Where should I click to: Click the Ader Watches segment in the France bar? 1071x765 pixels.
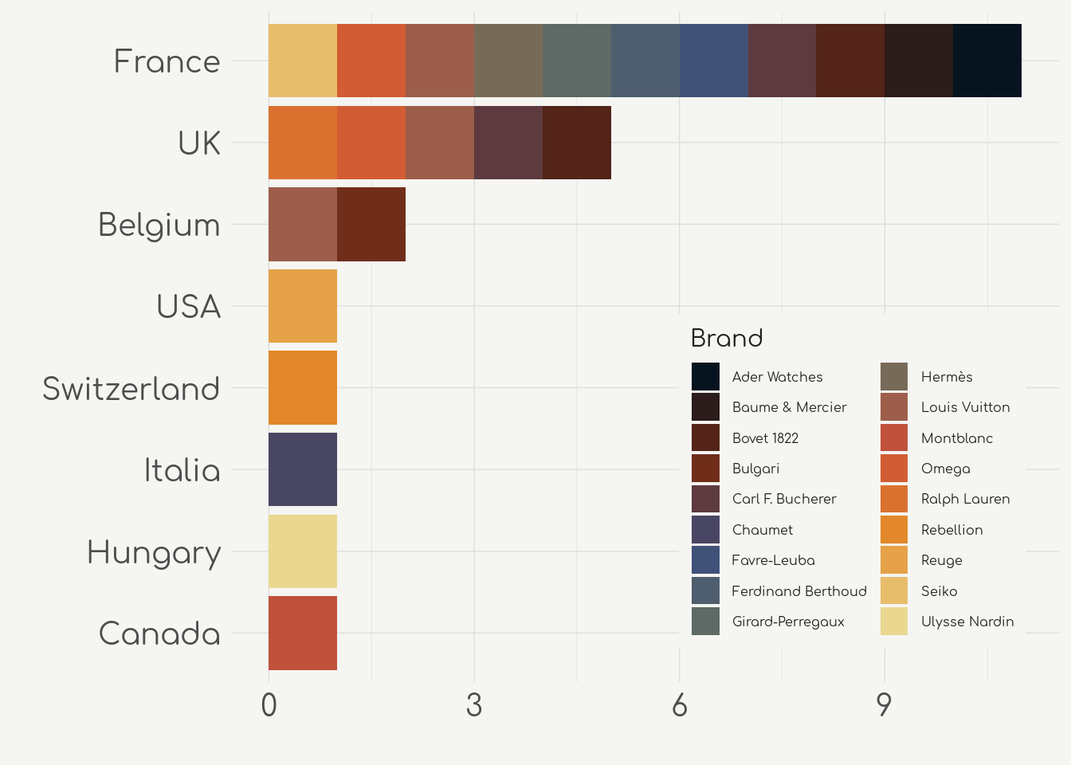coord(987,61)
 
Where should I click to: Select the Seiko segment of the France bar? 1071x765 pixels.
coord(303,61)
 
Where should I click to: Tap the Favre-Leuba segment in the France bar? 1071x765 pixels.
coord(714,61)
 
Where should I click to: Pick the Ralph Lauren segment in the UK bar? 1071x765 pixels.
coord(303,143)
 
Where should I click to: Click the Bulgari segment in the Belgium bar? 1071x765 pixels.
coord(371,224)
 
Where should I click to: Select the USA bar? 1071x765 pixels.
coord(303,306)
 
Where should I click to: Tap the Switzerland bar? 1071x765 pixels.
coord(303,387)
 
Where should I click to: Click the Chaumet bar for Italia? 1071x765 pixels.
coord(303,469)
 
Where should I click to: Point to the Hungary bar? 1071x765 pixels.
coord(303,551)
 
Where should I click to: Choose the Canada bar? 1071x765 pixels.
coord(303,633)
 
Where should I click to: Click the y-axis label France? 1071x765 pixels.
coord(167,61)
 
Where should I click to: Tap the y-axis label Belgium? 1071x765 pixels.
coord(159,225)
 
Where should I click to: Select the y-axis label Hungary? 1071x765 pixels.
coord(153,552)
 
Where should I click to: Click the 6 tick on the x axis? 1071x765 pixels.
coord(679,706)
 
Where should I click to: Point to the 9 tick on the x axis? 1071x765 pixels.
coord(885,706)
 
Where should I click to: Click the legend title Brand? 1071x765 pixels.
coord(726,339)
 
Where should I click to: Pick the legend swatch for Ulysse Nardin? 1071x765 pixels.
coord(894,622)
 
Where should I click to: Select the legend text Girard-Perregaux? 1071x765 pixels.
coord(787,622)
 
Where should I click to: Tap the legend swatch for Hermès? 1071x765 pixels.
coord(894,377)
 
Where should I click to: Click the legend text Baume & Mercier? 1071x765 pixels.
coord(789,407)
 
